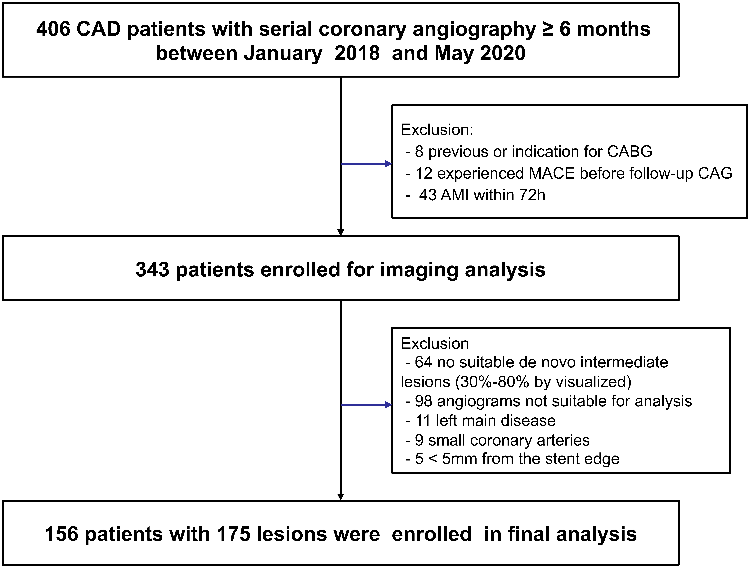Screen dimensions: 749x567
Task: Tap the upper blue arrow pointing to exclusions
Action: (x=366, y=164)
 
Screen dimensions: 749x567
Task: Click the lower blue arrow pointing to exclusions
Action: (x=366, y=405)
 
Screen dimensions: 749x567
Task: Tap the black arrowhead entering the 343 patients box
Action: (x=341, y=232)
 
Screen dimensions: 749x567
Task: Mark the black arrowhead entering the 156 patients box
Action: (x=341, y=497)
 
